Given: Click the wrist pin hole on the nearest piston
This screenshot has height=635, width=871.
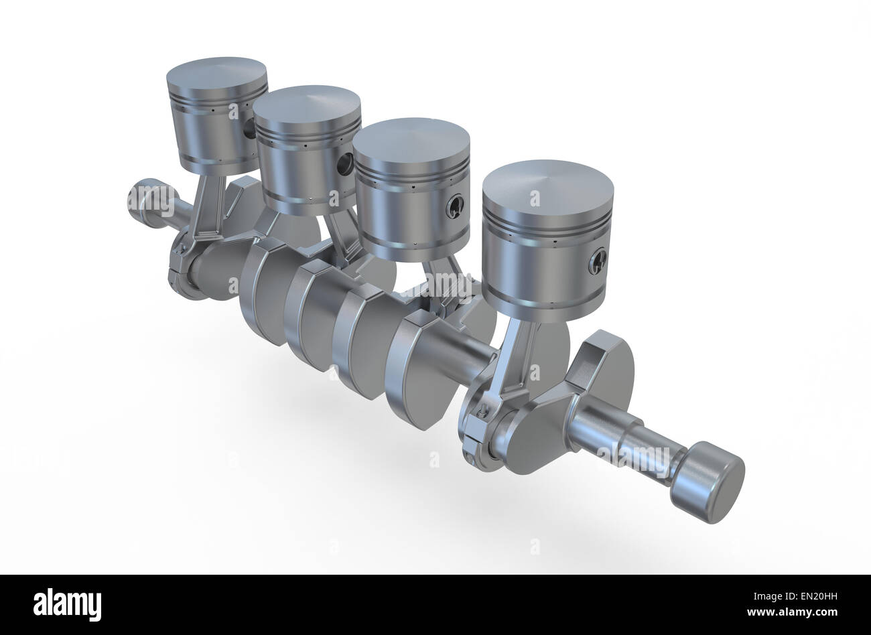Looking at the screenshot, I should (x=598, y=263).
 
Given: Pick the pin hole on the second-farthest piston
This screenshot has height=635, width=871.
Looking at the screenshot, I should (x=345, y=163).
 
